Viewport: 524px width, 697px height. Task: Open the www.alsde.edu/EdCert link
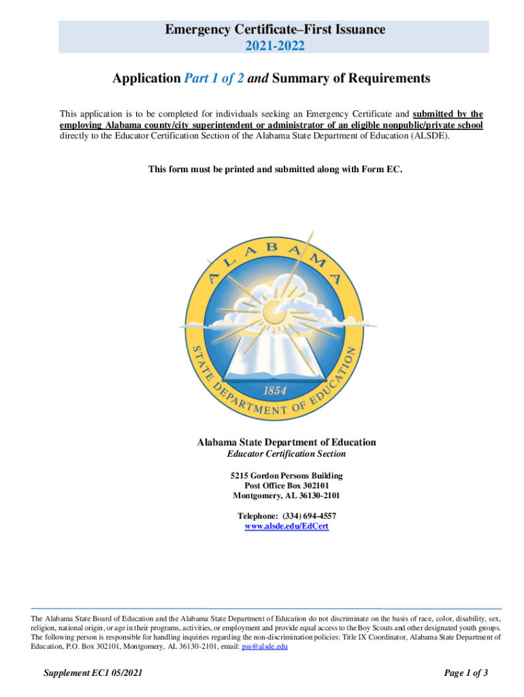[286, 527]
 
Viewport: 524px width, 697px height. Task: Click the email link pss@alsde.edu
[265, 647]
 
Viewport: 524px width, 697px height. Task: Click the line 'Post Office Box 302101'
[286, 485]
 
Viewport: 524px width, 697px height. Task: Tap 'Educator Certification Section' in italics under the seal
[286, 454]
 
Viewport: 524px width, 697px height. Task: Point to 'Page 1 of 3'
[466, 673]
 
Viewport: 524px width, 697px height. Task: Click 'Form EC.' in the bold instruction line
[384, 169]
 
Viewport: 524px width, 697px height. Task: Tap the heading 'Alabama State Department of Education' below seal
[286, 442]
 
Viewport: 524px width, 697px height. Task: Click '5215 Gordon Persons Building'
[286, 475]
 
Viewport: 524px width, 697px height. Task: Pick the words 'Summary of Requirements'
[352, 78]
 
